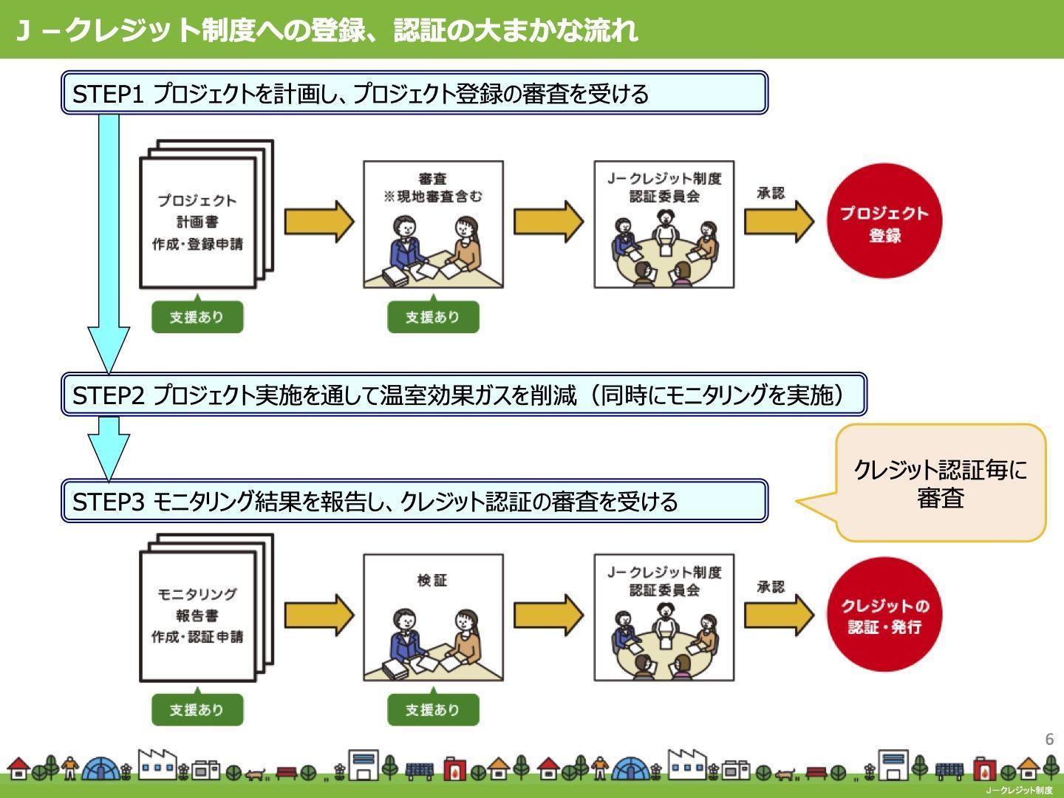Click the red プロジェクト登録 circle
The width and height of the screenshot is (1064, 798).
884,221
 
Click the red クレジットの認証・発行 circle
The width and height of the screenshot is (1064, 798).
884,614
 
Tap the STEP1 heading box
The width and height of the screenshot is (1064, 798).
415,92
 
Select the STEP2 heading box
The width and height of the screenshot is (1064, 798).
464,394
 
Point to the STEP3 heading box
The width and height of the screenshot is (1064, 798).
415,501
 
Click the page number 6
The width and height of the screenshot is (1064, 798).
1049,739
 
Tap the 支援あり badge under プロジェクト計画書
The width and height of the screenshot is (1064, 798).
197,316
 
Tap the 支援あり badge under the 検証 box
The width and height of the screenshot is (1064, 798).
433,709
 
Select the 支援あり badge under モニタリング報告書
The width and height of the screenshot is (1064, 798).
197,709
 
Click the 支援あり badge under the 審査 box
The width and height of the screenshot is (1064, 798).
433,316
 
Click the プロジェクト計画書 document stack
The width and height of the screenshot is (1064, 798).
206,214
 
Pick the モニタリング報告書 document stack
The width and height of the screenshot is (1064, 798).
206,607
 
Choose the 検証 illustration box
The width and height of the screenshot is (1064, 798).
433,618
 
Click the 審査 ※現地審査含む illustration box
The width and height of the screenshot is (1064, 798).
433,225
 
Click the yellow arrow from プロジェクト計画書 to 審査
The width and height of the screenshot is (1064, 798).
319,222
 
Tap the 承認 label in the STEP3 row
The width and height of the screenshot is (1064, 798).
771,587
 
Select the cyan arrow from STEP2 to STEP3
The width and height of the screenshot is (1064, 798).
109,449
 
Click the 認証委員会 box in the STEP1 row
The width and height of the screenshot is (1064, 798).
664,225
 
